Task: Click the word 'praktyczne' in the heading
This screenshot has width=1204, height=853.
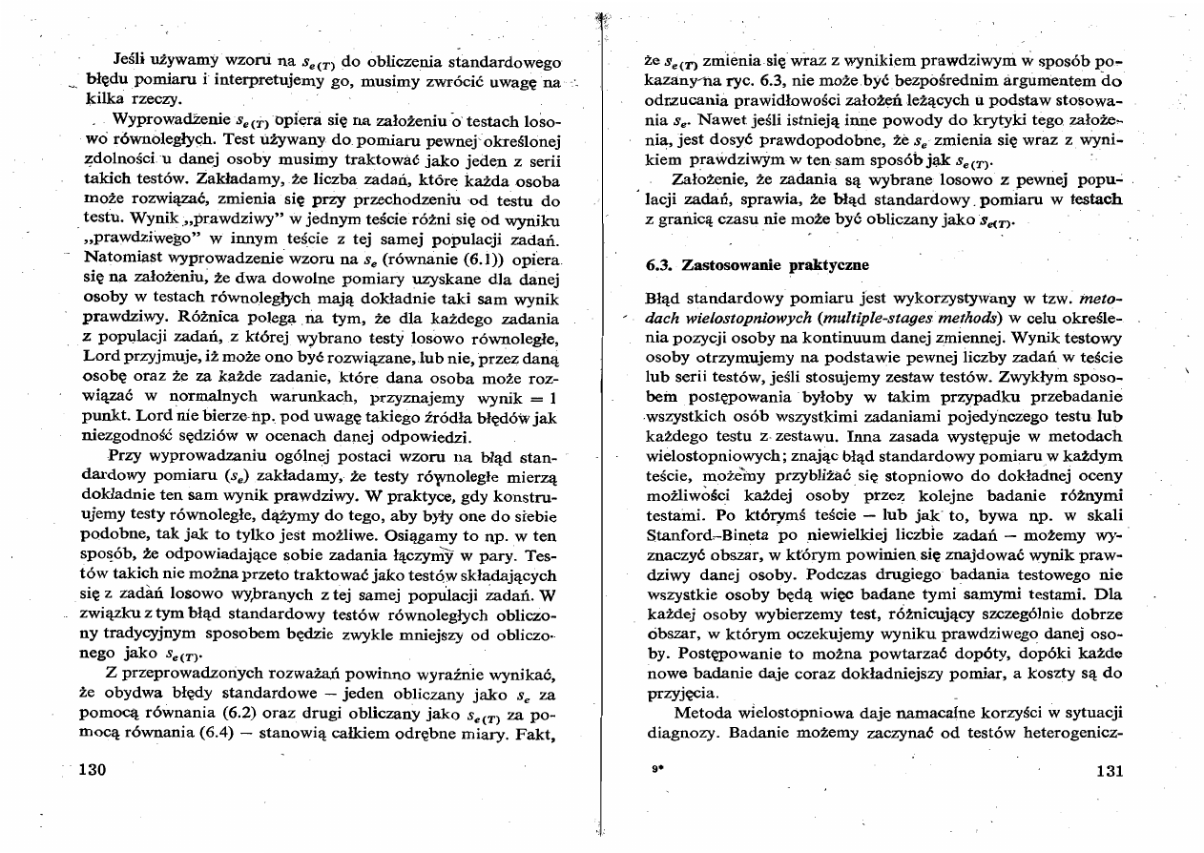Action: pyautogui.click(x=826, y=263)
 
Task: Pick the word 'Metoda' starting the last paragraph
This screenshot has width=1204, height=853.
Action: pyautogui.click(x=700, y=713)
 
